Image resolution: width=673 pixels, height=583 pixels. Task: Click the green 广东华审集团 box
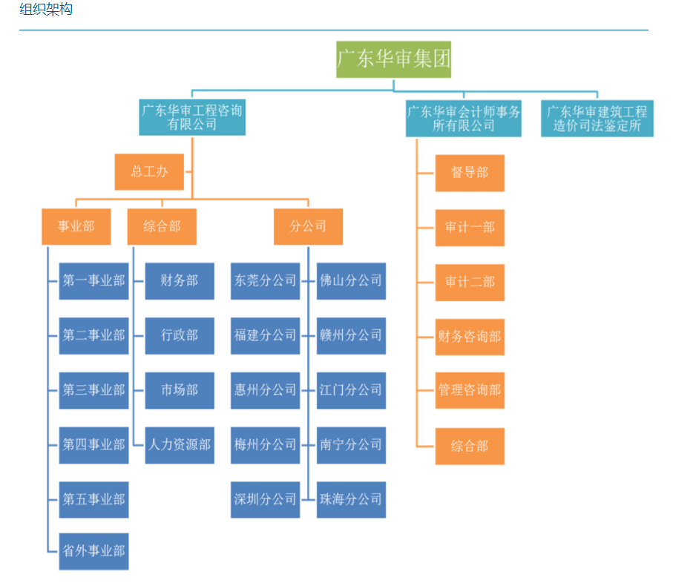[393, 59]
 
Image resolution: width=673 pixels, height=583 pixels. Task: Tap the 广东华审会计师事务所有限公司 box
[463, 119]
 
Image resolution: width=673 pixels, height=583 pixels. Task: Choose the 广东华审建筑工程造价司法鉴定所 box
[597, 119]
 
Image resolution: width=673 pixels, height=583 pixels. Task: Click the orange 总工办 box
[150, 172]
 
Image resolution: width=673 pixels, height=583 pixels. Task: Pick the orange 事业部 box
[76, 227]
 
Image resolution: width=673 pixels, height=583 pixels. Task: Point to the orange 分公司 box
[308, 227]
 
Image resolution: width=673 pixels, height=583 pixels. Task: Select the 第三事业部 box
[93, 390]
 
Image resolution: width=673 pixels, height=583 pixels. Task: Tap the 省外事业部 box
[93, 551]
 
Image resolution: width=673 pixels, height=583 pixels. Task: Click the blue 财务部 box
[180, 281]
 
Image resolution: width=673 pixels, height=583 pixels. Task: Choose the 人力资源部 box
[180, 445]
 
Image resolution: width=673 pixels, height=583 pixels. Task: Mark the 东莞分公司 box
[265, 281]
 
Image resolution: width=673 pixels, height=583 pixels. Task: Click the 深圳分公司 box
[265, 499]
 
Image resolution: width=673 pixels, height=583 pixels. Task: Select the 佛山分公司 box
[351, 281]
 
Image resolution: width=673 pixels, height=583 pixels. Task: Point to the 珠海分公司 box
[351, 499]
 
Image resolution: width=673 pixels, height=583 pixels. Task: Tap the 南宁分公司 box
[351, 445]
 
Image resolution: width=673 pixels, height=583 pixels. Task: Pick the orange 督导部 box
[470, 173]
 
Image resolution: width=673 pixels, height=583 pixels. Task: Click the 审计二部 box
[470, 283]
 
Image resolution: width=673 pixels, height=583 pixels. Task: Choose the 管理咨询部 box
[470, 390]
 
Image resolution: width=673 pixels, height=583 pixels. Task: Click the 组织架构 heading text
[46, 10]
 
